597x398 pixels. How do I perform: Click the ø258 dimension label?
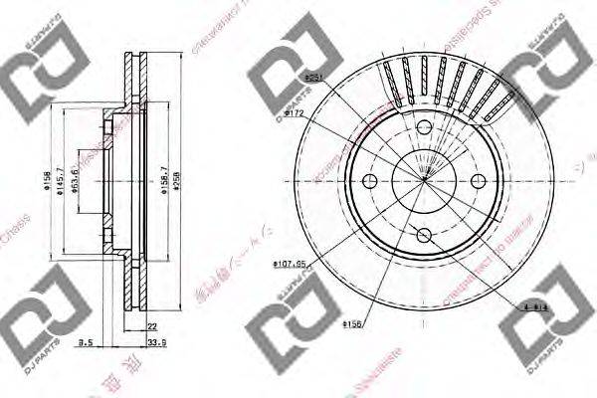pyautogui.click(x=178, y=182)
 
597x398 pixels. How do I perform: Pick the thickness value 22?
pyautogui.click(x=151, y=325)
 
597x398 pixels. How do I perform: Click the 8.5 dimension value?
pyautogui.click(x=87, y=342)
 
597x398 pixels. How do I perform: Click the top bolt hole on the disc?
pyautogui.click(x=425, y=127)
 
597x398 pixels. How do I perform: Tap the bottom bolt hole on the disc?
pyautogui.click(x=425, y=235)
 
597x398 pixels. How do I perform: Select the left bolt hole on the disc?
pyautogui.click(x=371, y=181)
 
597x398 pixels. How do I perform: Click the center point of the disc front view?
pyautogui.click(x=425, y=181)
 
